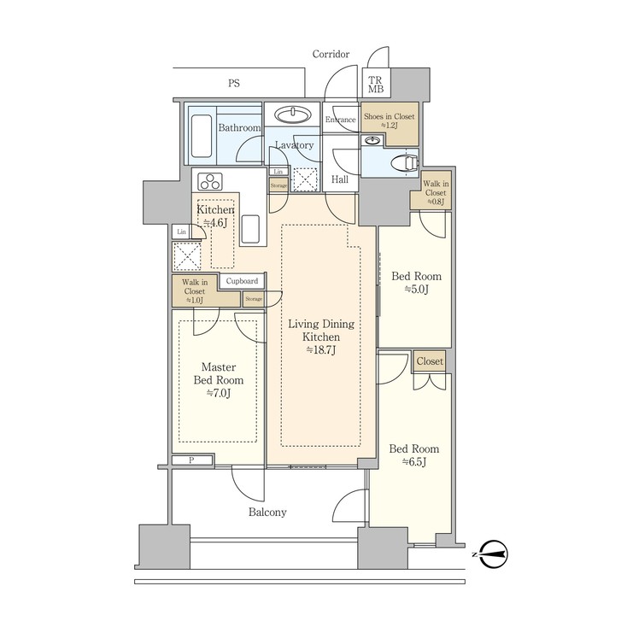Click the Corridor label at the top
(x=331, y=54)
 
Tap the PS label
(x=233, y=83)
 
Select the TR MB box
(x=375, y=85)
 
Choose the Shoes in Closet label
(x=389, y=121)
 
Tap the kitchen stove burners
(x=210, y=182)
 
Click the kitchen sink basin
(x=250, y=230)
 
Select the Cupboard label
(x=243, y=281)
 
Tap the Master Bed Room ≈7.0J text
(x=219, y=380)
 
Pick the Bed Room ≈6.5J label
(x=413, y=455)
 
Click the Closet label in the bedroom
(x=430, y=361)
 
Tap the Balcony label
(x=267, y=513)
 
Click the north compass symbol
(x=493, y=554)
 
